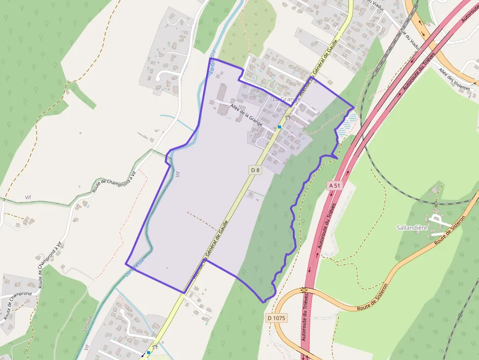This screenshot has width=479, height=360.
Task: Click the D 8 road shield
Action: point(255,169)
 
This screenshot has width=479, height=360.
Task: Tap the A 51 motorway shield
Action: point(334,186)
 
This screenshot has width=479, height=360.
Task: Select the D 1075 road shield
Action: point(276,318)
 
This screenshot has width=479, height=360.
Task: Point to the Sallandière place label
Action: point(412,228)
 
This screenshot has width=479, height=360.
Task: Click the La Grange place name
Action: point(286,99)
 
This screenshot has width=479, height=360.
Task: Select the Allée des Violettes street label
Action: point(454,79)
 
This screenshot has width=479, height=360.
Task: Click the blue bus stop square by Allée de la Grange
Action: point(280,127)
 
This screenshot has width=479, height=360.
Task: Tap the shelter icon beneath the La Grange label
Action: point(288,118)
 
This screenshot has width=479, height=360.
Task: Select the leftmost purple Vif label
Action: point(28,197)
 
